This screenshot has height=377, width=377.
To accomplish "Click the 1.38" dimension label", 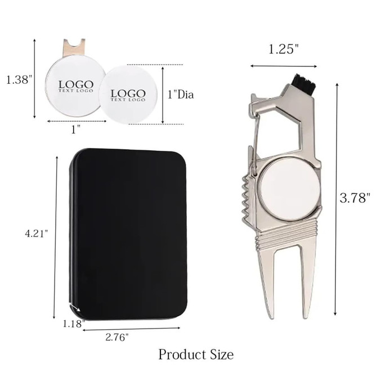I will [x=16, y=80].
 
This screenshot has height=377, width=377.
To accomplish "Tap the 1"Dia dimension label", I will [x=181, y=95].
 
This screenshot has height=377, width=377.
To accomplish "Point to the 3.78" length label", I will [x=356, y=198].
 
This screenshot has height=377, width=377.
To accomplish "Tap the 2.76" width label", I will [x=117, y=337].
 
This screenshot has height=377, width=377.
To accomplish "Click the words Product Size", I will [x=195, y=354].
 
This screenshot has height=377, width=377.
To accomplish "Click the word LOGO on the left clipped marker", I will [x=75, y=85].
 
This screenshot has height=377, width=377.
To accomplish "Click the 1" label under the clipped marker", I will [x=75, y=129].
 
